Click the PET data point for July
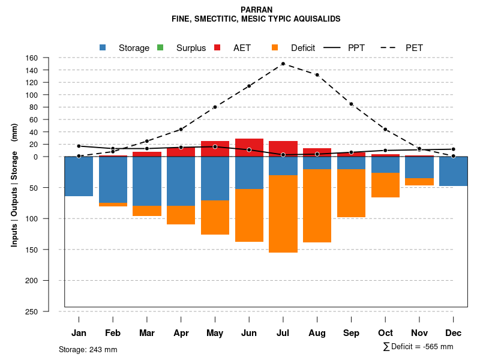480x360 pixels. click(x=283, y=64)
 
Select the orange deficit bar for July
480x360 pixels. click(x=283, y=214)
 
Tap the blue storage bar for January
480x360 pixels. click(x=79, y=176)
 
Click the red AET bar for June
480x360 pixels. click(x=249, y=148)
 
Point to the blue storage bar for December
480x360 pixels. click(x=453, y=171)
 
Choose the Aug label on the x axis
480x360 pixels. click(x=317, y=333)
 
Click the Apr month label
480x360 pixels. click(x=181, y=333)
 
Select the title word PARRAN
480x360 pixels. click(x=256, y=10)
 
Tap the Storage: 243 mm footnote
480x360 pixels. click(x=88, y=349)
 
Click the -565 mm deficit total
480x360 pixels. click(x=436, y=347)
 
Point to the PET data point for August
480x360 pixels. click(x=317, y=75)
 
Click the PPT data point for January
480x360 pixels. click(x=79, y=146)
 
